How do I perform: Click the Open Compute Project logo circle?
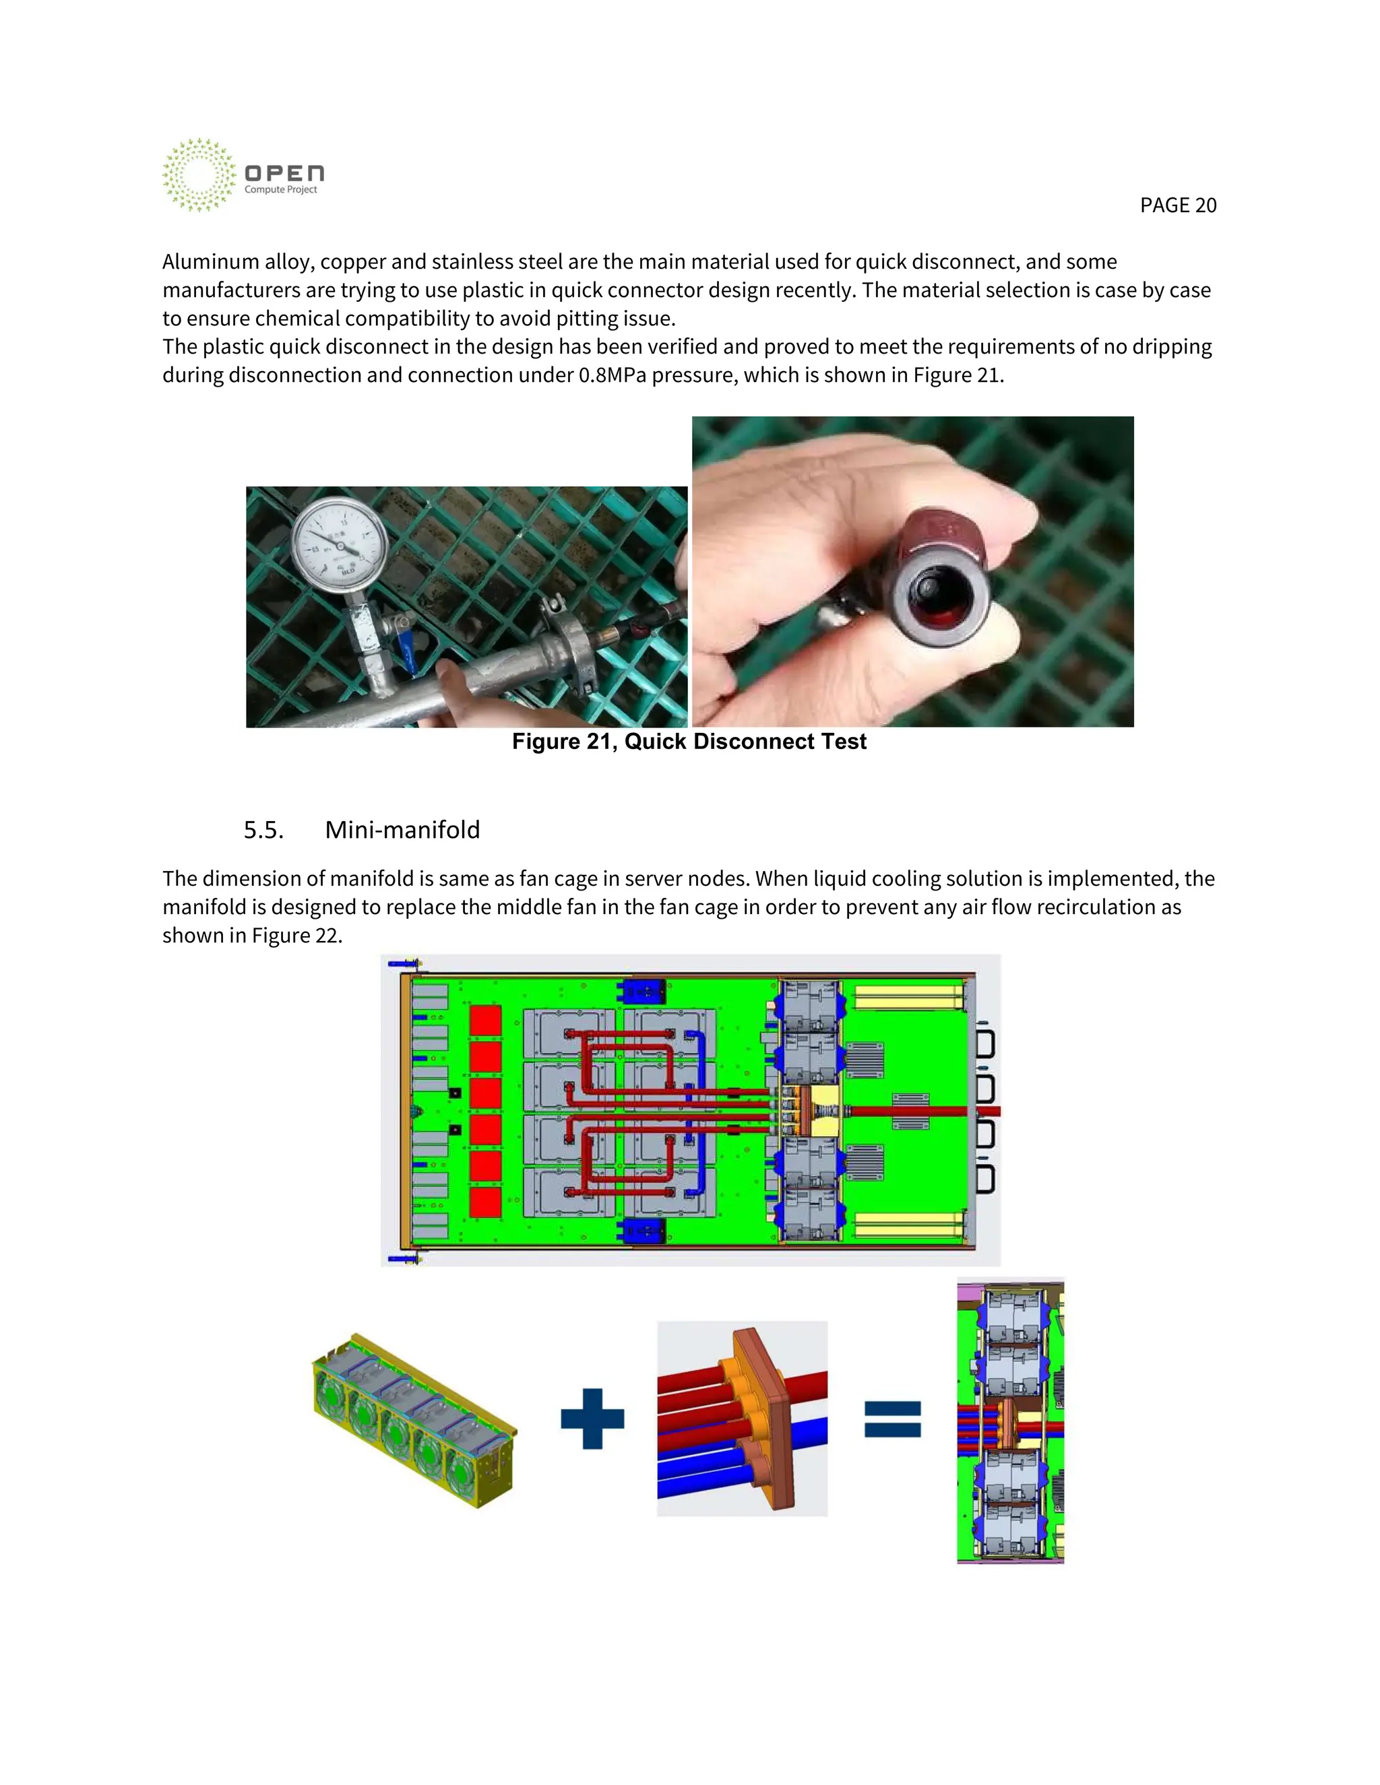pyautogui.click(x=199, y=175)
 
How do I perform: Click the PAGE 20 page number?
pyautogui.click(x=1177, y=205)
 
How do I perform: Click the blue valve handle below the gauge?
pyautogui.click(x=407, y=654)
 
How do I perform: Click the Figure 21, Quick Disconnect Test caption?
pyautogui.click(x=689, y=742)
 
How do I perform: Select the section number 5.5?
pyautogui.click(x=263, y=830)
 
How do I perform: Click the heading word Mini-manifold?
pyautogui.click(x=402, y=830)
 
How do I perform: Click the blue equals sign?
pyautogui.click(x=893, y=1419)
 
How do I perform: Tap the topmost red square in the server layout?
pyautogui.click(x=486, y=1022)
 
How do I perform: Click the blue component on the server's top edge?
pyautogui.click(x=644, y=992)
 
